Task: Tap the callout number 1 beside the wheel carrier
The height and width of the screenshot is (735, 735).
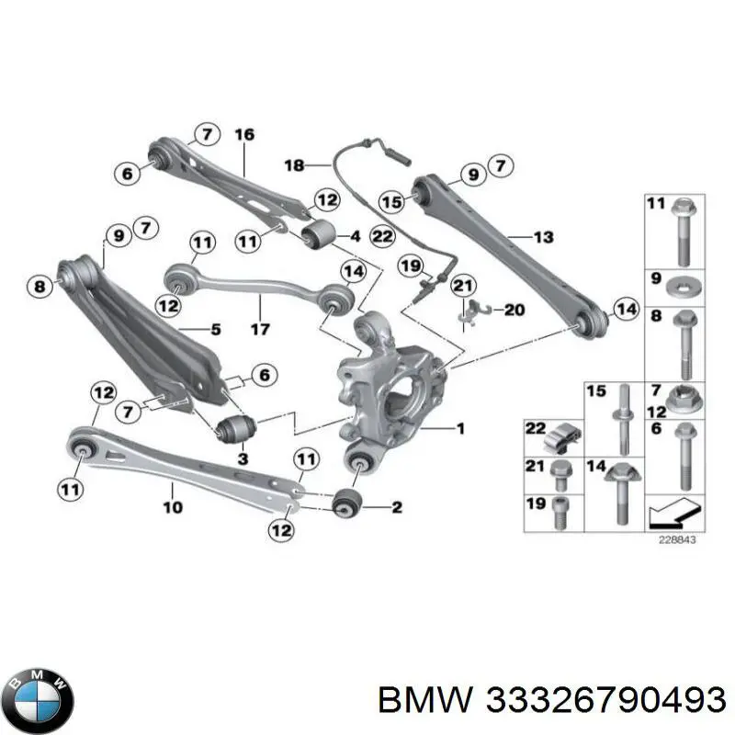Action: point(460,428)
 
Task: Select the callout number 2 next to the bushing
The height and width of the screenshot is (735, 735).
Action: point(397,506)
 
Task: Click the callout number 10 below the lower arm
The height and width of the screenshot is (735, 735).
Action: point(173,505)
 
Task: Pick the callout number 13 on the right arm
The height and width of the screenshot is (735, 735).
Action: point(543,237)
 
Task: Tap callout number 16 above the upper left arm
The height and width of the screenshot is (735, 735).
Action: point(243,134)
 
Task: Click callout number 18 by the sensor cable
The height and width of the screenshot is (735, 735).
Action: point(294,165)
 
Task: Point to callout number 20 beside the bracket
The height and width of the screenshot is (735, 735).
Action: point(514,310)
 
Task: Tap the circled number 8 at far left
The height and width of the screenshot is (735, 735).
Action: point(38,288)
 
